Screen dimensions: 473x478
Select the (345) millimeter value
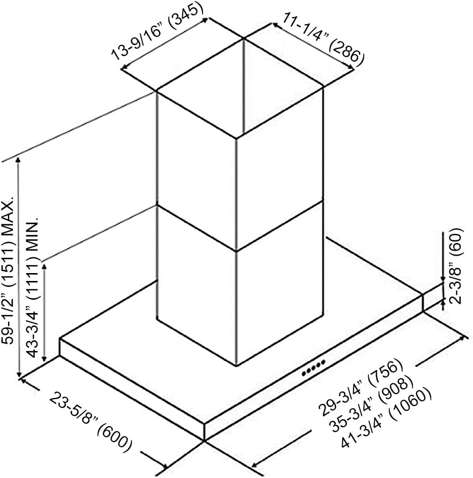(186, 15)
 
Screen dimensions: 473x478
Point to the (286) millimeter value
(346, 54)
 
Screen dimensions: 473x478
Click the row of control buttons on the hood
(314, 368)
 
